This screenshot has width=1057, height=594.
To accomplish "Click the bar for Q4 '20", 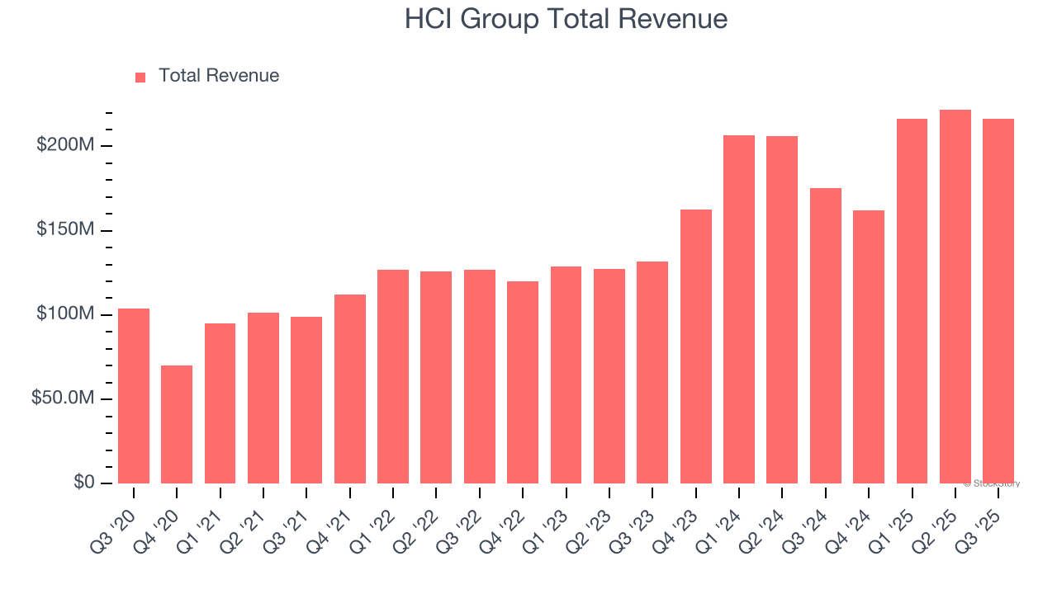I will (177, 424).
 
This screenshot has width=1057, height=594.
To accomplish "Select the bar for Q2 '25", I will (955, 296).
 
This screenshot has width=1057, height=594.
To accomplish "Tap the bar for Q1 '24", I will (739, 309).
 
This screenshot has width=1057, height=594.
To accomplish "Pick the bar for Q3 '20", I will (134, 396).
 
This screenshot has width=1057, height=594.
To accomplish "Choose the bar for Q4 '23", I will (696, 346).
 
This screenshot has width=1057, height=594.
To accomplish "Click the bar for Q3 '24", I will (826, 336).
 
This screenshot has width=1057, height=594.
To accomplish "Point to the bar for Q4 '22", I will (523, 382).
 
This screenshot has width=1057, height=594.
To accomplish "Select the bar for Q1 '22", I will (393, 376).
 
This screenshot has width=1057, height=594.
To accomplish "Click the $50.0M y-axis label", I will (63, 398).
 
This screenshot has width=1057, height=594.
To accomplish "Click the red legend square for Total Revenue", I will (140, 77).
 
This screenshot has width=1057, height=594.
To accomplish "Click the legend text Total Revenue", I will (219, 76).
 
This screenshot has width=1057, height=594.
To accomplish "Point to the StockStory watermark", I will (992, 483).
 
